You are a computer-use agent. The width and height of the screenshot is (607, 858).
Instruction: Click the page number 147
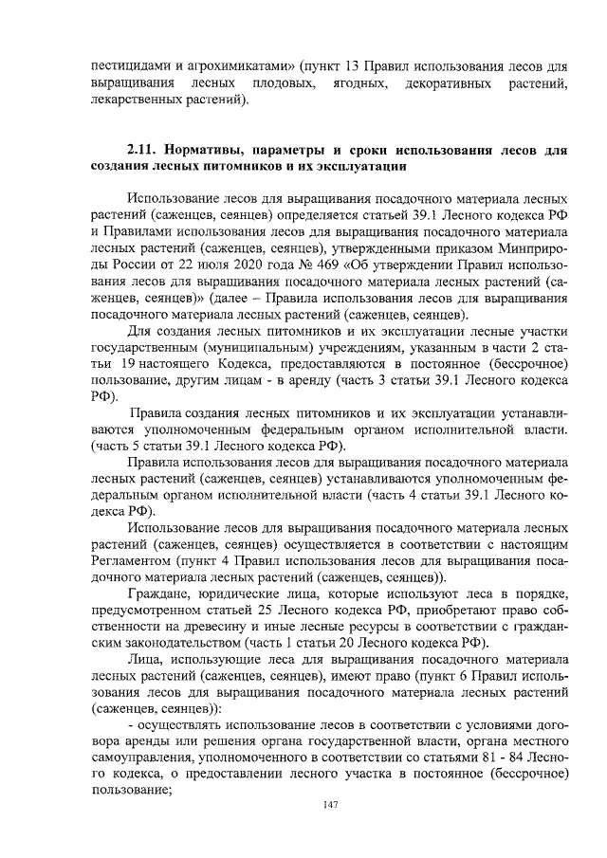tap(330, 805)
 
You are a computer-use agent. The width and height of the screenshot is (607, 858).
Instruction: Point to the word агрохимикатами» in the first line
tap(242, 66)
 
